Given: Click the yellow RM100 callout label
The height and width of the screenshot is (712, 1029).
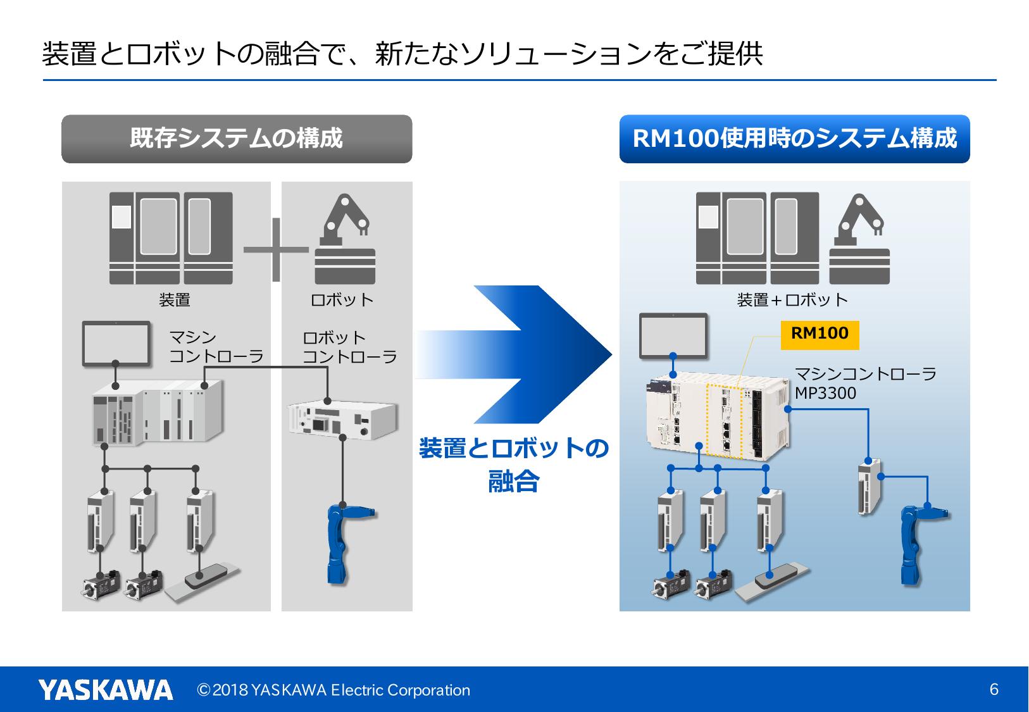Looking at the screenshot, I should point(820,334).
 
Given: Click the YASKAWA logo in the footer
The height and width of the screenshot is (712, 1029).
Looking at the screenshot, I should point(105,689).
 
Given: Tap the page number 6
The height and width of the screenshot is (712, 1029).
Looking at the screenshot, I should point(994,689).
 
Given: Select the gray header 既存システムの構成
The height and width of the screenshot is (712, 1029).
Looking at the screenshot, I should point(236,139).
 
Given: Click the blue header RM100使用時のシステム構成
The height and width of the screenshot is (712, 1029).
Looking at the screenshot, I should point(794,139).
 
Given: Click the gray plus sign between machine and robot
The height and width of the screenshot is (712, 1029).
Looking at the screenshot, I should point(276,249).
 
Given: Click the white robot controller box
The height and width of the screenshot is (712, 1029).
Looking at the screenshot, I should point(342,418).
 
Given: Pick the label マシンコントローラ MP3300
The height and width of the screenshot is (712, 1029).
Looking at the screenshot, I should point(864,384).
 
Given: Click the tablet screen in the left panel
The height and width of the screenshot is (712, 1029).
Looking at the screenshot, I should point(116,344).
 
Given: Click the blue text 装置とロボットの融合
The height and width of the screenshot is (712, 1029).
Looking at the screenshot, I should point(513,465).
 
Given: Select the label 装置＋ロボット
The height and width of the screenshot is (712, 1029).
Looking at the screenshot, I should point(792,300).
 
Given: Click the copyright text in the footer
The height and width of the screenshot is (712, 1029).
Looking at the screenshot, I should point(334,690).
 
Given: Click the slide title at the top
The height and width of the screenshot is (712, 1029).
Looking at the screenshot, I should point(402,54).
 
